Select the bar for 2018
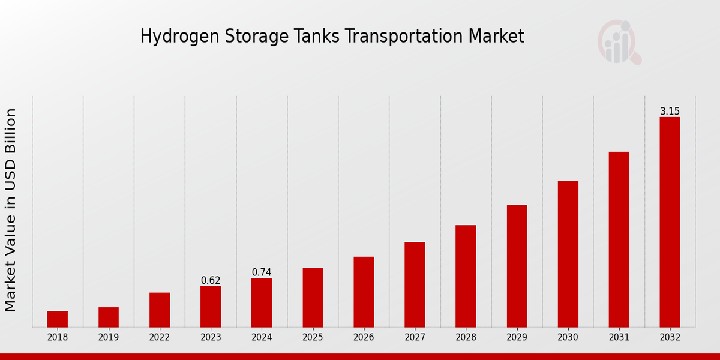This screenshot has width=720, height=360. tap(58, 319)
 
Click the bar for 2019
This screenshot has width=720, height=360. tap(109, 317)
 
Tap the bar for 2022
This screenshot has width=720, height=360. tap(160, 310)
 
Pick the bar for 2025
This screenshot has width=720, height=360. tap(313, 298)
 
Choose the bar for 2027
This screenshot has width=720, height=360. tap(415, 284)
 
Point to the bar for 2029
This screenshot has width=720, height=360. tap(517, 266)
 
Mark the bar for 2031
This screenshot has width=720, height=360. tap(619, 239)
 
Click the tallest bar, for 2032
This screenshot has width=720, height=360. tap(670, 222)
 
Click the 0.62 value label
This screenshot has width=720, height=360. tap(211, 281)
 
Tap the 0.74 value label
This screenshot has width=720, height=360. tap(262, 272)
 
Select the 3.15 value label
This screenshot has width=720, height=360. tap(670, 112)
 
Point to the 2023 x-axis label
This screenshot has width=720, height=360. tap(211, 337)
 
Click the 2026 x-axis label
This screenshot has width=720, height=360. tap(364, 337)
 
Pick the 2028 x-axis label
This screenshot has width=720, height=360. tap(466, 337)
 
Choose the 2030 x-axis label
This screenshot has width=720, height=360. tap(568, 337)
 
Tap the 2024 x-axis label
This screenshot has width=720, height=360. tap(262, 337)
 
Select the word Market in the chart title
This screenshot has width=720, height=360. tap(496, 36)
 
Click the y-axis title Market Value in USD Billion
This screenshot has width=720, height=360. tap(11, 210)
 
